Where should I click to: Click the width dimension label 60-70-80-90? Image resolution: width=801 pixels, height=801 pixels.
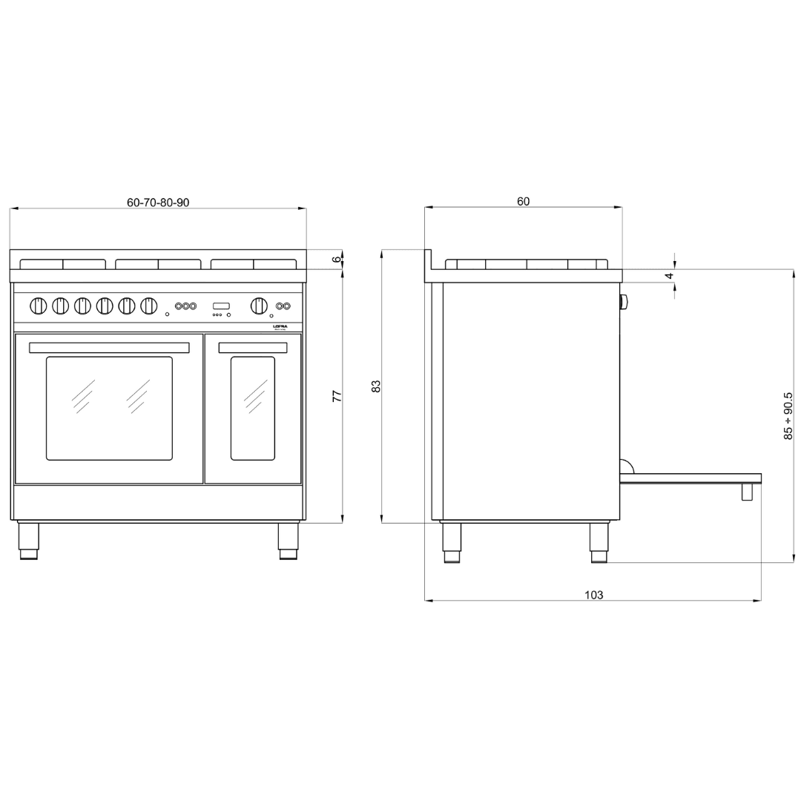click(x=158, y=202)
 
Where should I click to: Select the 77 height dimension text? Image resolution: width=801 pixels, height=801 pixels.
click(x=337, y=395)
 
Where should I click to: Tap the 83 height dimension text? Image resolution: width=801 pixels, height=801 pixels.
click(x=376, y=386)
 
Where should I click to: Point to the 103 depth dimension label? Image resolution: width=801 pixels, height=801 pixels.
click(x=593, y=595)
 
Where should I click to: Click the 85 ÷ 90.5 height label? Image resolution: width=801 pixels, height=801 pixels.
click(x=788, y=415)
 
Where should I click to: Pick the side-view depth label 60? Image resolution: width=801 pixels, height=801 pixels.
click(x=523, y=202)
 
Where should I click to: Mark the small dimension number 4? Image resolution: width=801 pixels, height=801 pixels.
click(x=669, y=276)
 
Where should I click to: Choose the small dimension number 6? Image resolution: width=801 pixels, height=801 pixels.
click(x=336, y=260)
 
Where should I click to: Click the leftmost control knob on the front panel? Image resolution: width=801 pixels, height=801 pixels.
click(x=38, y=306)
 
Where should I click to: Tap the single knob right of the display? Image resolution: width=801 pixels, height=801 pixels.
click(x=259, y=306)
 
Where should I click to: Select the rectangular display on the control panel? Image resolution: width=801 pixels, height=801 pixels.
click(x=221, y=306)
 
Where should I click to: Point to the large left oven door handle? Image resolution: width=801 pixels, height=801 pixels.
click(x=109, y=348)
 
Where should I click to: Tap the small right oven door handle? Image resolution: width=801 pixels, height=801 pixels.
click(x=253, y=348)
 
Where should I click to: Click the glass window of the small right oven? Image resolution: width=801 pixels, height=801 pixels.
click(x=253, y=408)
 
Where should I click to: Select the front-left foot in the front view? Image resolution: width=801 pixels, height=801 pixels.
click(x=28, y=541)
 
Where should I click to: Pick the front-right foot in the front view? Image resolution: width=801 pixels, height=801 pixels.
click(x=288, y=541)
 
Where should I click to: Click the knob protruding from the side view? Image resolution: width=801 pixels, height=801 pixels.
click(x=624, y=302)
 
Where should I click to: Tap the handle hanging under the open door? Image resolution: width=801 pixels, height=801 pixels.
click(x=747, y=492)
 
